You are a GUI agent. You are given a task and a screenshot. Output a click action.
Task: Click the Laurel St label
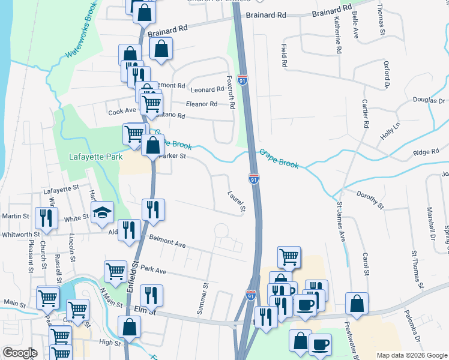coord(237,202)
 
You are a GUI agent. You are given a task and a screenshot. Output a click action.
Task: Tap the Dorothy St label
coord(370,200)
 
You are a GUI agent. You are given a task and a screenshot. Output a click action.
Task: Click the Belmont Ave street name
coord(167,242)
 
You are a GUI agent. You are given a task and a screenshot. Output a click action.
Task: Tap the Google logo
coord(20,353)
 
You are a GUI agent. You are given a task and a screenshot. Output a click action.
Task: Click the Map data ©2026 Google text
coord(411,355)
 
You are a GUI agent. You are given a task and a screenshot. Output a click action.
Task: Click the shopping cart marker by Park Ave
coord(115,271)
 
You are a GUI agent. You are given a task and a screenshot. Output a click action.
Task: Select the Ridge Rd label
coord(426,153)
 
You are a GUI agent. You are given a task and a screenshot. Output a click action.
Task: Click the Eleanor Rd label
coord(201,104)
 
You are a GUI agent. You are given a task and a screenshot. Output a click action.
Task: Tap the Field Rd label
coord(284,55)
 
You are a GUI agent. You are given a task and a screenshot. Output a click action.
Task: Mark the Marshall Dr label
coord(430,223)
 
